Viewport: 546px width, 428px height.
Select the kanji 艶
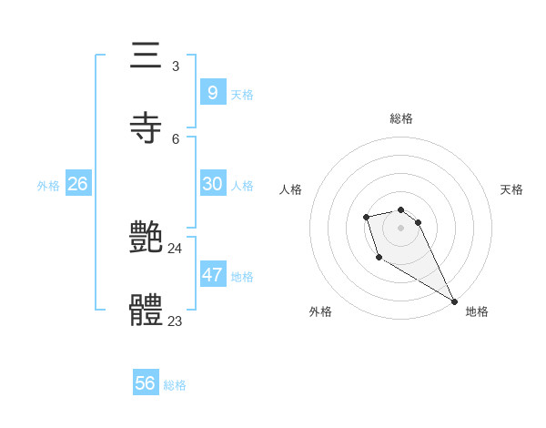pos(147,239)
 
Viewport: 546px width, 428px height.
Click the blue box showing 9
pos(212,92)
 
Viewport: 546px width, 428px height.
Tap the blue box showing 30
pos(212,184)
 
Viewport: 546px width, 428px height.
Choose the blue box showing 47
pos(212,274)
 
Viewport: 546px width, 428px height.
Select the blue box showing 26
pos(77,184)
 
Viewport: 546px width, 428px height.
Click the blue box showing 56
pos(145,383)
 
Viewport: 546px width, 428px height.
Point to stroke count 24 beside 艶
pos(175,249)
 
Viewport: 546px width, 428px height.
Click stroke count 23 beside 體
pos(175,321)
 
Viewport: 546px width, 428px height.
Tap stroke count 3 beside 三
pos(176,66)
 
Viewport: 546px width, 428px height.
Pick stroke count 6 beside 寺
pos(176,138)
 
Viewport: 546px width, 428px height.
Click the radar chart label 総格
pos(401,118)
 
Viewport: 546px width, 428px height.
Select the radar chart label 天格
pos(511,189)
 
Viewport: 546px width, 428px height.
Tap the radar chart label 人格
pos(290,189)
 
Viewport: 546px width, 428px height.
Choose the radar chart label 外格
pos(320,311)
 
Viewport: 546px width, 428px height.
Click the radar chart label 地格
pos(477,311)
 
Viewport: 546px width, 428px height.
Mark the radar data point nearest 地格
pos(454,301)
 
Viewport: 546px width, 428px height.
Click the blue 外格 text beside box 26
pos(48,186)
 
